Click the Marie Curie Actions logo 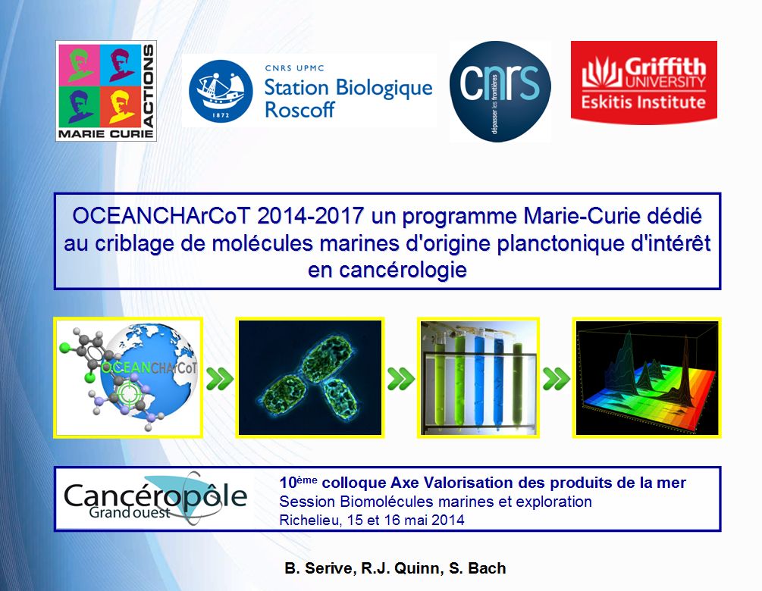pyautogui.click(x=106, y=91)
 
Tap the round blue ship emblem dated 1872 pyautogui.click(x=221, y=91)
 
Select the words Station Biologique pyautogui.click(x=348, y=87)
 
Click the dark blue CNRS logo pyautogui.click(x=500, y=91)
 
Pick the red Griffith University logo pyautogui.click(x=644, y=82)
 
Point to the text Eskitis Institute pyautogui.click(x=644, y=102)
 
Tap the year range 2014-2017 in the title pyautogui.click(x=311, y=216)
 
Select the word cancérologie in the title pyautogui.click(x=387, y=270)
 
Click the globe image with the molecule pyautogui.click(x=128, y=378)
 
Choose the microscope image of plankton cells pyautogui.click(x=310, y=378)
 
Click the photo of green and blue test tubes pyautogui.click(x=478, y=378)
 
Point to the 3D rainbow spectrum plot pyautogui.click(x=647, y=378)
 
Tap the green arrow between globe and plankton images pyautogui.click(x=219, y=379)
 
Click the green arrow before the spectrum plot pyautogui.click(x=556, y=379)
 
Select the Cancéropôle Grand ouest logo pyautogui.click(x=155, y=499)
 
